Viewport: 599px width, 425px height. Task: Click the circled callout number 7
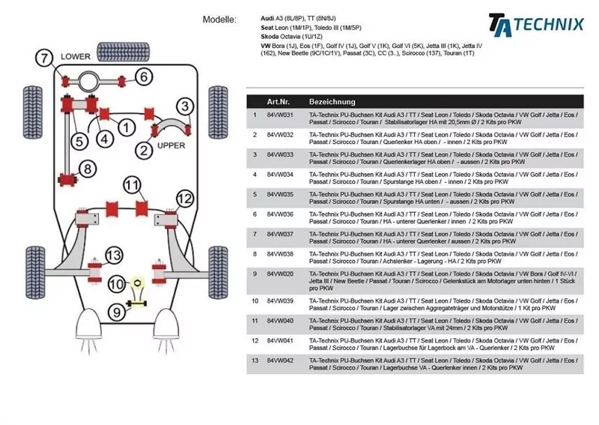pyautogui.click(x=45, y=56)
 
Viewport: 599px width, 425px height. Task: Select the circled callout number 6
pyautogui.click(x=144, y=76)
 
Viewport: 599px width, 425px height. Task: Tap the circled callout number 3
pyautogui.click(x=183, y=106)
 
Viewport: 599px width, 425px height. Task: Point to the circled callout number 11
pyautogui.click(x=132, y=184)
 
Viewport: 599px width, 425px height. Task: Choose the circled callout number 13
pyautogui.click(x=113, y=256)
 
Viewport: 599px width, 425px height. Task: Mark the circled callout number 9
pyautogui.click(x=117, y=311)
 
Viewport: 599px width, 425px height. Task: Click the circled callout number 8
pyautogui.click(x=88, y=169)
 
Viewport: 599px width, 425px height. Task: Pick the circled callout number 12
pyautogui.click(x=184, y=199)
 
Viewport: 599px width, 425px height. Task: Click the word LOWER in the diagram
pyautogui.click(x=75, y=56)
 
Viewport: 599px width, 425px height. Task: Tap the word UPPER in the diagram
pyautogui.click(x=171, y=145)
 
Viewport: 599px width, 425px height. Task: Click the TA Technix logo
pyautogui.click(x=535, y=22)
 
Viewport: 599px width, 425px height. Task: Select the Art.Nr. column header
pyautogui.click(x=279, y=101)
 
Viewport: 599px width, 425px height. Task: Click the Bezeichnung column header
pyautogui.click(x=332, y=101)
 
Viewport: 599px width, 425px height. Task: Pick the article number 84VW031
pyautogui.click(x=279, y=115)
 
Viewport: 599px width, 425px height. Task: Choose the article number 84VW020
pyautogui.click(x=279, y=274)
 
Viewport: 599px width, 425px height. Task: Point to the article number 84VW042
pyautogui.click(x=279, y=361)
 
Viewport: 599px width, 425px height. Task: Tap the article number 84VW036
pyautogui.click(x=279, y=214)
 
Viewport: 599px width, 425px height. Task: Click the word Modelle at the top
pyautogui.click(x=219, y=19)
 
